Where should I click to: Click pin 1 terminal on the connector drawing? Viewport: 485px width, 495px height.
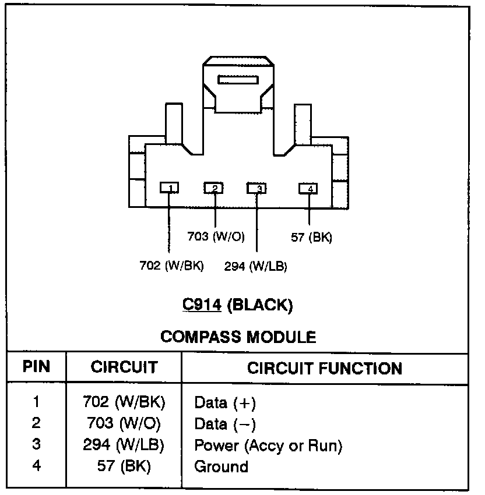(x=170, y=188)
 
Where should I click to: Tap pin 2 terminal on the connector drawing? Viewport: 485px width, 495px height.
(x=215, y=188)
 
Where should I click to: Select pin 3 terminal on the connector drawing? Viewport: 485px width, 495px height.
(x=257, y=188)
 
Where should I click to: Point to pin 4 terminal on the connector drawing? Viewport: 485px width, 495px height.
(x=308, y=188)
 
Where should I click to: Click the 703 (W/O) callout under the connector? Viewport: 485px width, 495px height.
(x=215, y=236)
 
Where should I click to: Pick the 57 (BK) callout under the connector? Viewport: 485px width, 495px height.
(x=311, y=237)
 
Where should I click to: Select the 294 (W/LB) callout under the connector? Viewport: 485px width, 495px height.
(x=255, y=267)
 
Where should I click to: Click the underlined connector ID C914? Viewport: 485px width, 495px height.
(x=201, y=304)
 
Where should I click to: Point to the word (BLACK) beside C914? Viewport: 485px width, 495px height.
(x=259, y=304)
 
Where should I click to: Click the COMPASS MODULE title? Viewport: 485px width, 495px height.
(x=238, y=337)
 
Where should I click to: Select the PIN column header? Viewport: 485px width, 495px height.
(x=36, y=367)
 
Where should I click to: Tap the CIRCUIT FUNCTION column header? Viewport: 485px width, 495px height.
(x=325, y=368)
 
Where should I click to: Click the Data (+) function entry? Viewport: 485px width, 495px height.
(x=225, y=403)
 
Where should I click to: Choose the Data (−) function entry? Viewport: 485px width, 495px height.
(x=225, y=424)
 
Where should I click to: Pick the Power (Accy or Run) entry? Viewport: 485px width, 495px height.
(x=268, y=446)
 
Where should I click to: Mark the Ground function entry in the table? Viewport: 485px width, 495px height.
(x=221, y=466)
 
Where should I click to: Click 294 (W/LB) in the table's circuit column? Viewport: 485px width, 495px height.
(x=124, y=446)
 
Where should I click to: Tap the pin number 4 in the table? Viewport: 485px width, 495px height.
(x=36, y=466)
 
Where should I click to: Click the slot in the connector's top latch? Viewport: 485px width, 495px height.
(x=238, y=79)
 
